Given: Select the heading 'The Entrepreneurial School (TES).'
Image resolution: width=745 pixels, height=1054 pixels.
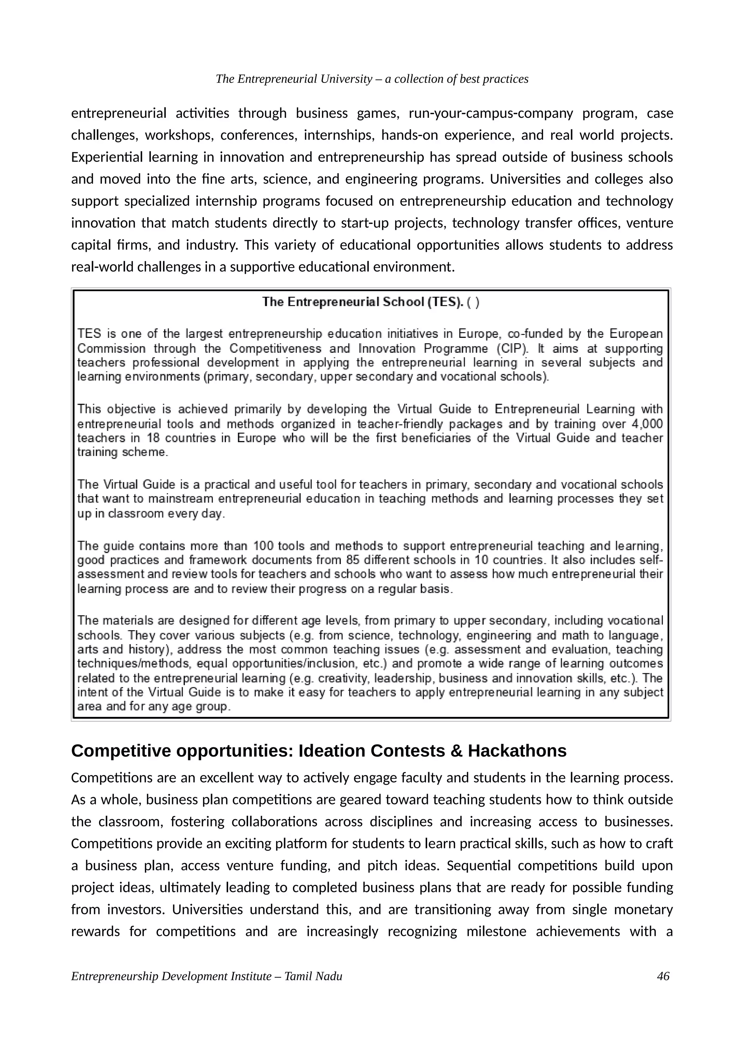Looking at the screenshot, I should coord(363,302).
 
